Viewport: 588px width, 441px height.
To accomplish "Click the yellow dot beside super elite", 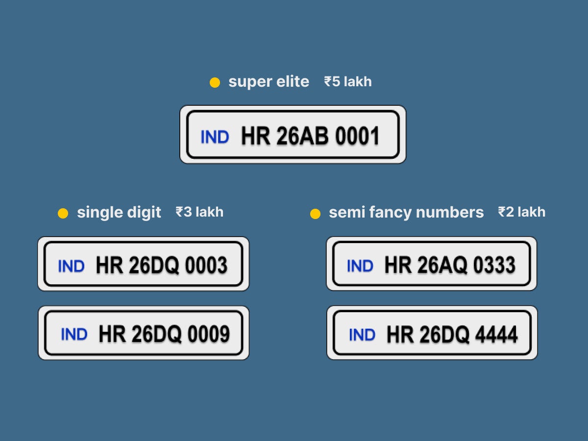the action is tap(215, 82).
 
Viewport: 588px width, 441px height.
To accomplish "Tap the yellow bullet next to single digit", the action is tap(63, 214).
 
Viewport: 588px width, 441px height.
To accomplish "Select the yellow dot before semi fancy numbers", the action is tap(315, 214).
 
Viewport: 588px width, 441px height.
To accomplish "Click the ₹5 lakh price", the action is tap(348, 81).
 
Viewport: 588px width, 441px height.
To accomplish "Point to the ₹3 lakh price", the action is tap(199, 212).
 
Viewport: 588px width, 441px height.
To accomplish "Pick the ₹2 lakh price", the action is tap(521, 212).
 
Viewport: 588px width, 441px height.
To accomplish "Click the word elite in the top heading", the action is tap(293, 81).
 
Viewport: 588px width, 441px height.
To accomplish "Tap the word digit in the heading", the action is tap(144, 213).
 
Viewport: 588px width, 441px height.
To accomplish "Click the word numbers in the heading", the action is tap(450, 212).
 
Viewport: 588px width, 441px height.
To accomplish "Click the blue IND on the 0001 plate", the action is tap(215, 137).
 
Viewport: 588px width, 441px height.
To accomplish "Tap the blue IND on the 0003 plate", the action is tap(71, 266).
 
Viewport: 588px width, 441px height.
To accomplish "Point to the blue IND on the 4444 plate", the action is tap(362, 335).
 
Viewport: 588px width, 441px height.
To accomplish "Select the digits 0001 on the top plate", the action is tap(357, 136).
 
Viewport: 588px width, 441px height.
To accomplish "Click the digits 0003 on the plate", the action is tap(206, 265).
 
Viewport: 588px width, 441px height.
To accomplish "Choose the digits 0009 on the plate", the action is tap(209, 334).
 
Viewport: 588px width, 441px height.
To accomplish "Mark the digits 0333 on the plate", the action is tap(494, 265).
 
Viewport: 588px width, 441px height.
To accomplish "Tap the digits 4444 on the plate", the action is tap(496, 334).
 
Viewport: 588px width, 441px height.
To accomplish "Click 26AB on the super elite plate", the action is tap(302, 136).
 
